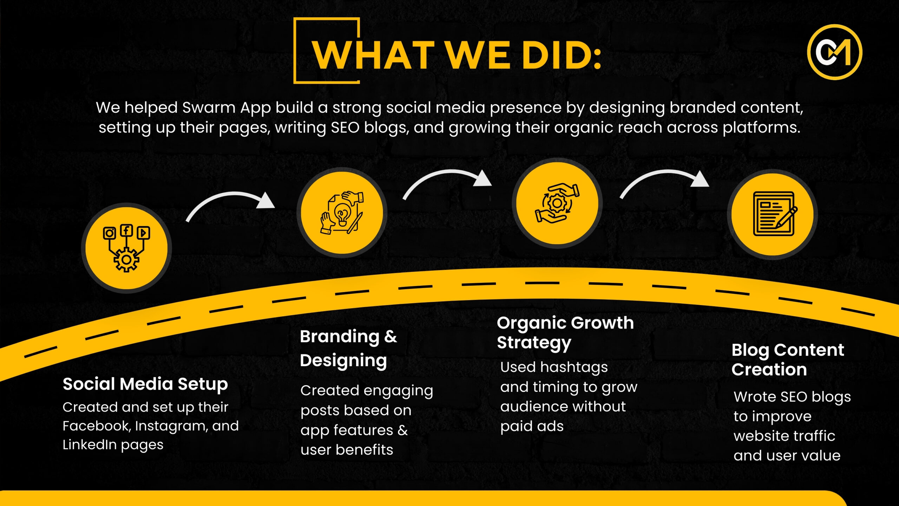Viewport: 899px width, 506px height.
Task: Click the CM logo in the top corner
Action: click(834, 52)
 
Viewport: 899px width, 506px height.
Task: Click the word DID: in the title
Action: click(562, 55)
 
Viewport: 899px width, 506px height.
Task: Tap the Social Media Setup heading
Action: click(145, 384)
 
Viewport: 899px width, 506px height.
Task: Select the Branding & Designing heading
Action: click(348, 349)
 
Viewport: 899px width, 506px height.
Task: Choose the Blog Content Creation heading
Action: click(788, 359)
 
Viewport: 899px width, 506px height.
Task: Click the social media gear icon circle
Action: click(126, 248)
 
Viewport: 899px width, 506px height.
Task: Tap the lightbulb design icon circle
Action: click(342, 213)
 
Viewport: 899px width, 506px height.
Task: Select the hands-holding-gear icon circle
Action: click(557, 203)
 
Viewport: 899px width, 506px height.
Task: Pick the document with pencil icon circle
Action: click(773, 214)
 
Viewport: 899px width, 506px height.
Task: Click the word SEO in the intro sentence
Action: click(345, 127)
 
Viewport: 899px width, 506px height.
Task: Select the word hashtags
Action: click(574, 368)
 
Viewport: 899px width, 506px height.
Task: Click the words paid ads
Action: click(532, 427)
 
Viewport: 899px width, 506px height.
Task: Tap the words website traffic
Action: click(784, 436)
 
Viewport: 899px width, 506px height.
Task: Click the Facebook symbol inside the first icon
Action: click(126, 231)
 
